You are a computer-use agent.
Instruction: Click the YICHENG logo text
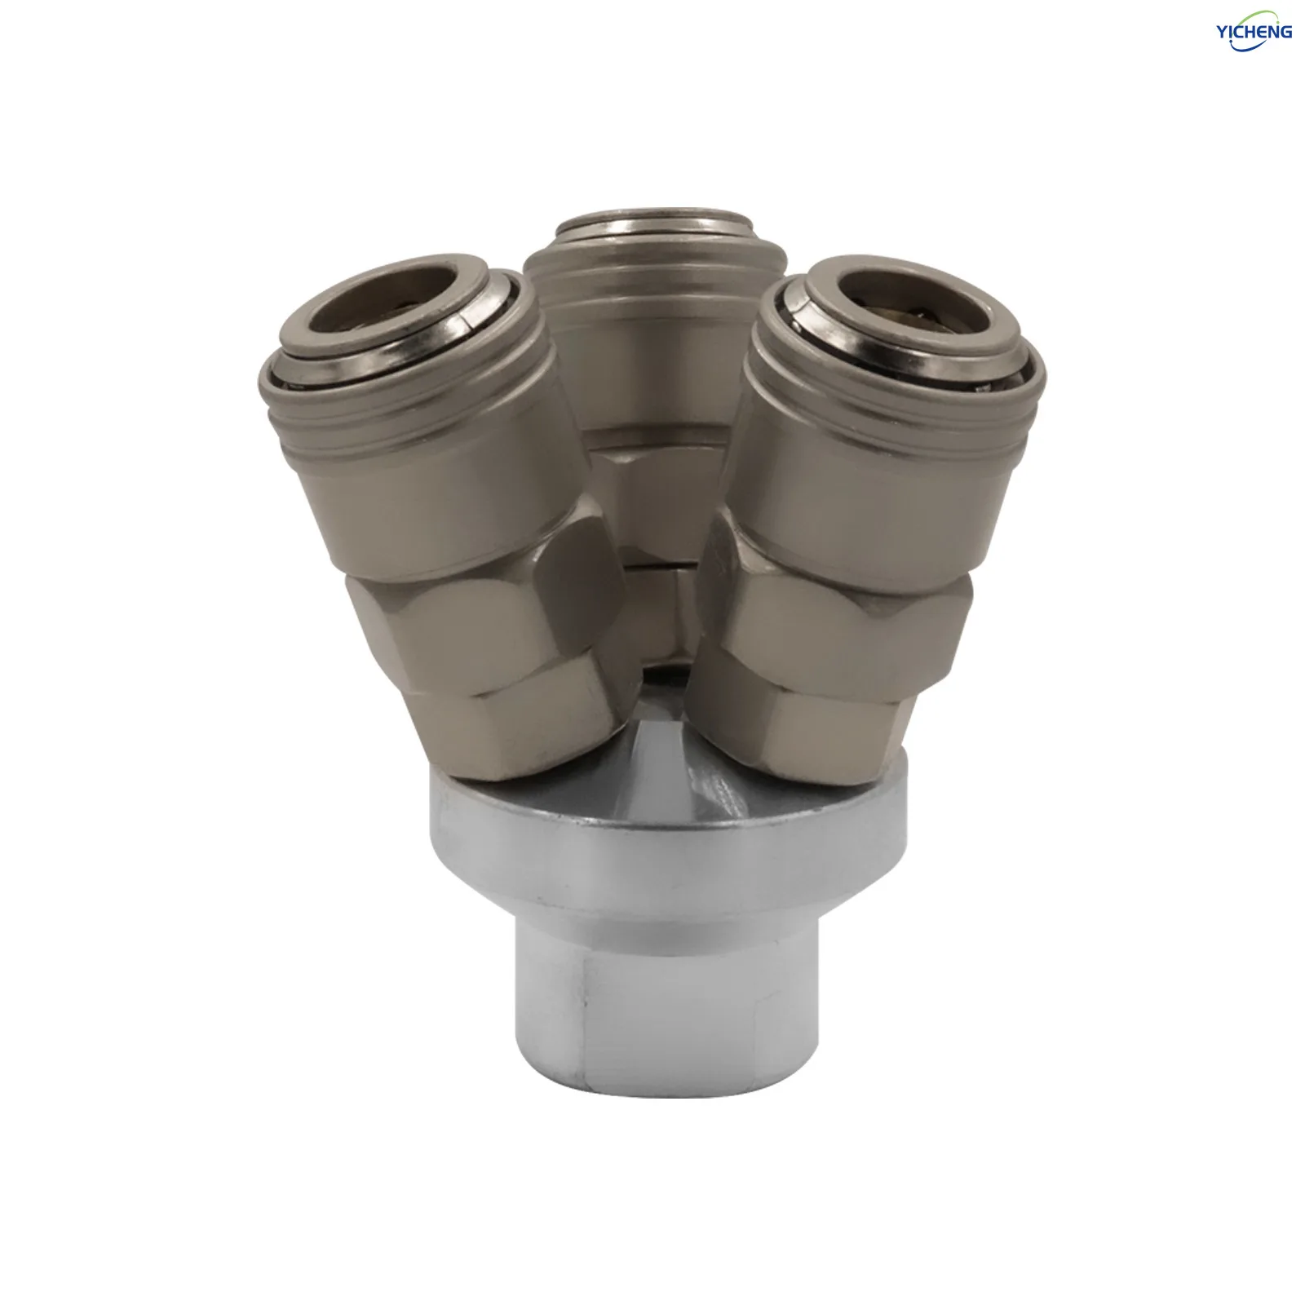click(x=1254, y=32)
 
